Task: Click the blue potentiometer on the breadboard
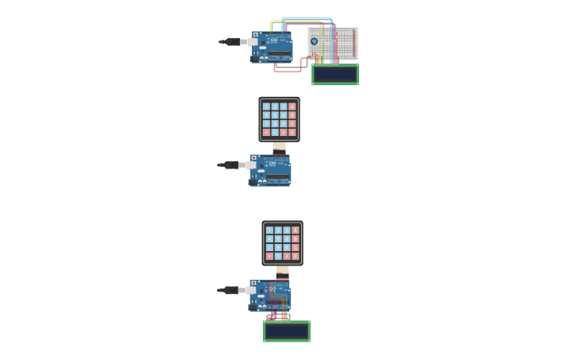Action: coord(314,41)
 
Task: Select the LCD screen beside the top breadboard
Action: coord(334,75)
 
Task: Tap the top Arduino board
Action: coord(273,47)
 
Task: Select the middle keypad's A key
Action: coord(292,106)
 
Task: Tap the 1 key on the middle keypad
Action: coord(266,106)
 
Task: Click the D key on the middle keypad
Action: coord(292,132)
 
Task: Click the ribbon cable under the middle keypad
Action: coord(279,147)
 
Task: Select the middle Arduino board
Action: coord(271,170)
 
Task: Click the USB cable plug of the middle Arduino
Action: coord(232,165)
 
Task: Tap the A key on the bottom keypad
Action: coord(296,230)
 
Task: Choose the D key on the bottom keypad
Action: coord(296,256)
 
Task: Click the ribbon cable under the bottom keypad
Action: coord(282,271)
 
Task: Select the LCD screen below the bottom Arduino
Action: coord(287,331)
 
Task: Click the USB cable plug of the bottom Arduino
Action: coord(232,290)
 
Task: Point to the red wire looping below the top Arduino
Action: coord(288,71)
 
